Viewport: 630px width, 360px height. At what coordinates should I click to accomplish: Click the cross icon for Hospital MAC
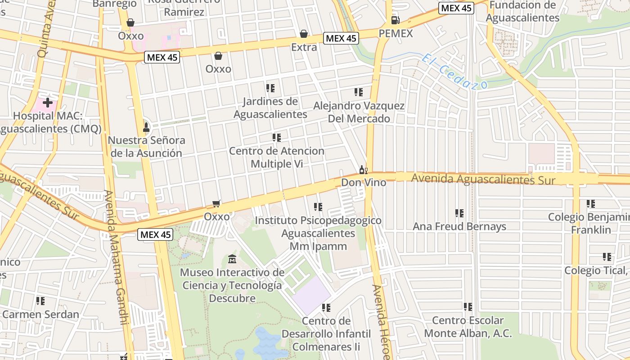click(47, 103)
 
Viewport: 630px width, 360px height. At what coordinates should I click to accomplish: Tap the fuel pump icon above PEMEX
click(395, 20)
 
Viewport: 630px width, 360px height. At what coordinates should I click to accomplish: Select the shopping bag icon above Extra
click(304, 34)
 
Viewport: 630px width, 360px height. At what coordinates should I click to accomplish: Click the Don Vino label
click(363, 183)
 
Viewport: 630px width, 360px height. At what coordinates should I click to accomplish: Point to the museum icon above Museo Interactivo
click(232, 259)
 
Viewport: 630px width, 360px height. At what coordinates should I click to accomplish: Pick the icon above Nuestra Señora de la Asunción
click(146, 127)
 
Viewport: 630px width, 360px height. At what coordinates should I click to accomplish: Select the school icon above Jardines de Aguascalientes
click(270, 88)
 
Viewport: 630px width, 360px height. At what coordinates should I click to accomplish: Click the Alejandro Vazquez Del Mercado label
click(359, 112)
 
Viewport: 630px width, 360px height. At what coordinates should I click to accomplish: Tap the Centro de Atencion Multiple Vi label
click(276, 157)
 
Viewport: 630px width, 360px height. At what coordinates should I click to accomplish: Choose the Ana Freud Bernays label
click(459, 226)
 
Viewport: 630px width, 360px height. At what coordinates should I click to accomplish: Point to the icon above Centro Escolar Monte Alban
click(468, 307)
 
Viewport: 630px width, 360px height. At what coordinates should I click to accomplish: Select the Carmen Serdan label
click(40, 314)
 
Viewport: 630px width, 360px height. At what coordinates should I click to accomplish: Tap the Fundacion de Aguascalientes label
click(522, 12)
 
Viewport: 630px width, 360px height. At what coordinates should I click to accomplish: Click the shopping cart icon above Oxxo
click(216, 204)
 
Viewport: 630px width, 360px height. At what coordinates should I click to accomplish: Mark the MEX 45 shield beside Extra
click(341, 38)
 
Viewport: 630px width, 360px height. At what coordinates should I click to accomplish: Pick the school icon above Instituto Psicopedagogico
click(318, 207)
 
